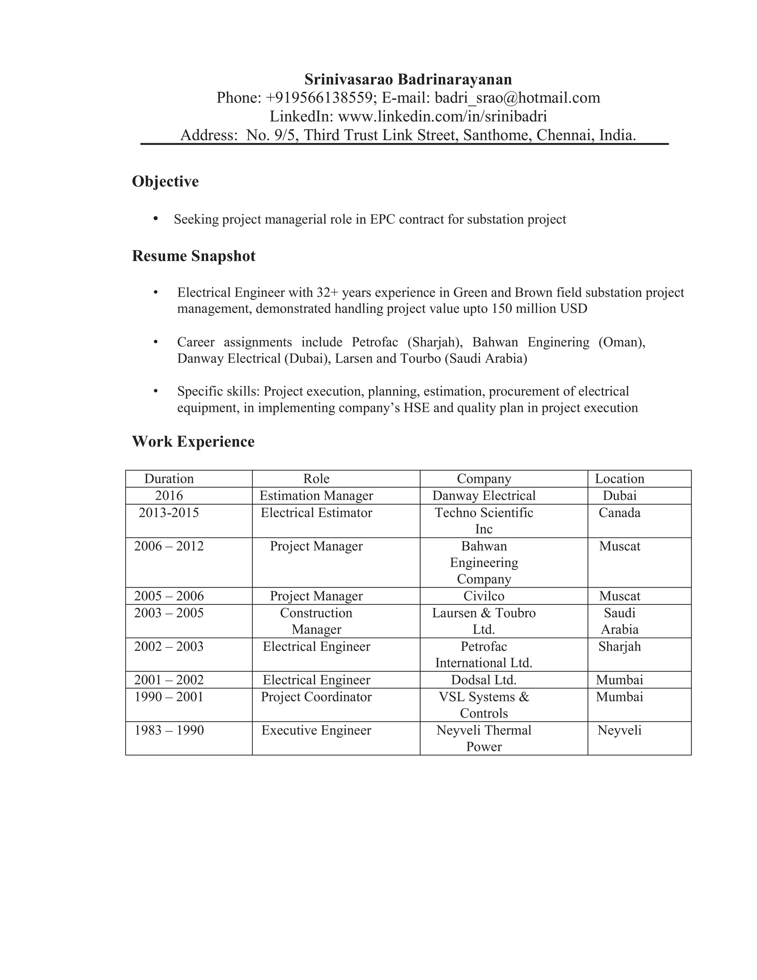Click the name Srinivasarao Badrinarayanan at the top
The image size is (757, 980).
408,80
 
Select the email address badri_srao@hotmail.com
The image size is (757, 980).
517,98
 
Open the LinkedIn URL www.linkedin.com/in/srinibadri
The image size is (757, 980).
442,116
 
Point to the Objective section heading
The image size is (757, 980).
165,181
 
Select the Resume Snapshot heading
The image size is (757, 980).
193,256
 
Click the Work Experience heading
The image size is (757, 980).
193,442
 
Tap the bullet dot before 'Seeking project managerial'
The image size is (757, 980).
156,219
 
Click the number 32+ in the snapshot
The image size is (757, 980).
327,293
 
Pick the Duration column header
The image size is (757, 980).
169,479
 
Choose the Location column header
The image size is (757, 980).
619,479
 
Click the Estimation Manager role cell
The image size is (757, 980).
316,496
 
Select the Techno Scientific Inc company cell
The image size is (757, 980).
484,521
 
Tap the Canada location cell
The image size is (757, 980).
619,513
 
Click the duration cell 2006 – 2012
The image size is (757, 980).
169,546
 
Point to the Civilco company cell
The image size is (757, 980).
484,596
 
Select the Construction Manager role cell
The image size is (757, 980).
316,621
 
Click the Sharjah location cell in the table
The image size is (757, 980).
619,646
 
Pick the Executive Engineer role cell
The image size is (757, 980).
316,730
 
